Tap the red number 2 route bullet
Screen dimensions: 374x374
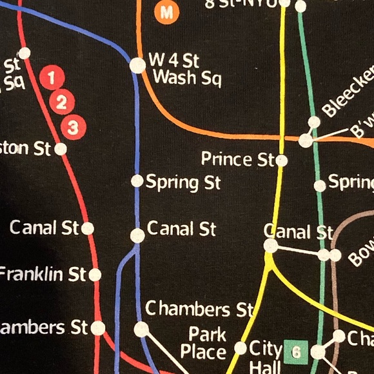coord(63,102)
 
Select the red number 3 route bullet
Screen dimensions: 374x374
coord(73,127)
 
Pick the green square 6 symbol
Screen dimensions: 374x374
coord(297,352)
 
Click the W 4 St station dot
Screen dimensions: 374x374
coord(137,65)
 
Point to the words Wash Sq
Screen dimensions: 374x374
coord(186,79)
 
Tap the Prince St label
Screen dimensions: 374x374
coord(237,159)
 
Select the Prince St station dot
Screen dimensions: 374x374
coord(282,161)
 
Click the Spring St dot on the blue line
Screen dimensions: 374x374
coord(137,181)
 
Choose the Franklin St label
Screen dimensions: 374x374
coord(42,274)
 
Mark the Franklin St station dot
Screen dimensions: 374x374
coord(95,275)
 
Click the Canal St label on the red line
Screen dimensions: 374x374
coord(44,228)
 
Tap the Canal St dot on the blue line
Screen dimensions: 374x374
coord(137,235)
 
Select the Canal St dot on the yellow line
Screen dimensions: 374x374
coord(271,246)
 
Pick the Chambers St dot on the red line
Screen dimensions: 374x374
coord(98,328)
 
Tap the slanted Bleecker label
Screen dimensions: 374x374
coord(348,90)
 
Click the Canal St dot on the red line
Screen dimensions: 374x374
coord(88,228)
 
